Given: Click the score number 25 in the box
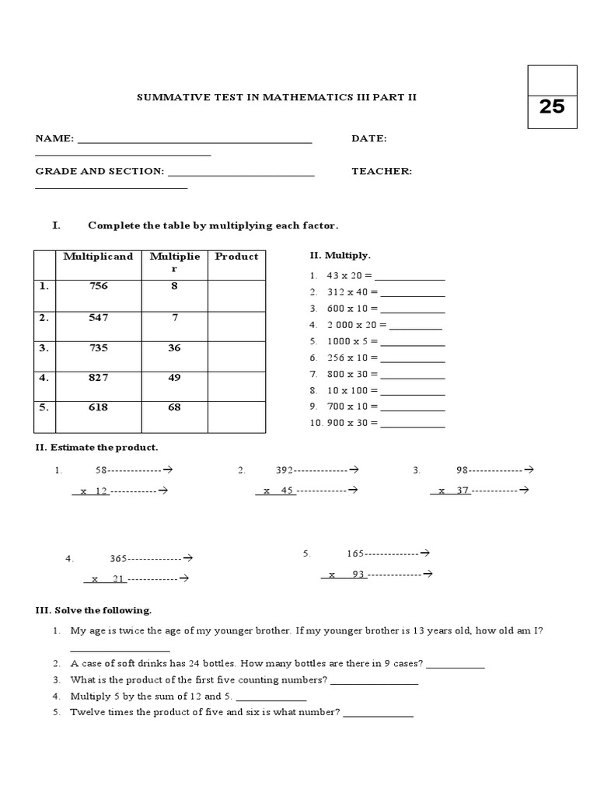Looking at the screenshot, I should coord(551,106).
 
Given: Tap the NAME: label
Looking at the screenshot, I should coord(54,138).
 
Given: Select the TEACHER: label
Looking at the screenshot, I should coord(381,171).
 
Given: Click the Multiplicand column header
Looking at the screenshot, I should coord(98,256).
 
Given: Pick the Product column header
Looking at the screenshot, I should coord(236,256).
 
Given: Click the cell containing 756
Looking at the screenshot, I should coord(98,286).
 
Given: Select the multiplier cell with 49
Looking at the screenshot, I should coord(174,378).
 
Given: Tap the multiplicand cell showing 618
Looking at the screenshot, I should coord(98,407).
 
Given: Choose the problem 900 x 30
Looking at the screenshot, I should coord(351,423).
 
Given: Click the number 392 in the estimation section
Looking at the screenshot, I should coord(285,470).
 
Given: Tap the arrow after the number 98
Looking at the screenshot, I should coord(529,470).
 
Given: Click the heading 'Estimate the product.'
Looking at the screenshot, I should coord(103,448).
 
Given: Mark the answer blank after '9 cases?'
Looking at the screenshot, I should coord(456,665).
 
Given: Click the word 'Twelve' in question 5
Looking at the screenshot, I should coord(86,712).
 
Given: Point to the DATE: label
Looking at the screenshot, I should coord(369,138).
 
